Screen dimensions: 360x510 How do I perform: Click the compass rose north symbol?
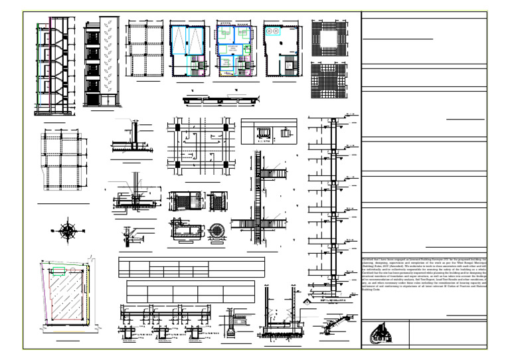coord(68,230)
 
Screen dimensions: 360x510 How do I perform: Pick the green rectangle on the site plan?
coord(58,270)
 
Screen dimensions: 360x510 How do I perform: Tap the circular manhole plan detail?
coord(216,228)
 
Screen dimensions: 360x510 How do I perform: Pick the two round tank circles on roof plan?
coord(273,31)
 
